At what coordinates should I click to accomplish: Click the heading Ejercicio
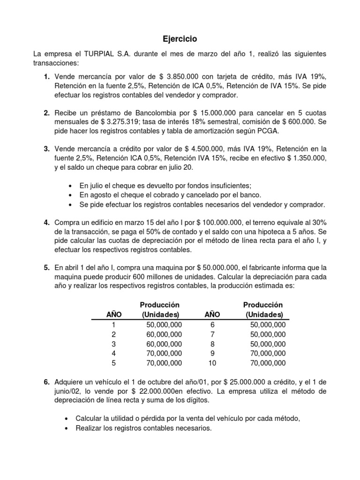(x=180, y=39)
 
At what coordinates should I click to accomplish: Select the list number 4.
(x=47, y=222)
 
